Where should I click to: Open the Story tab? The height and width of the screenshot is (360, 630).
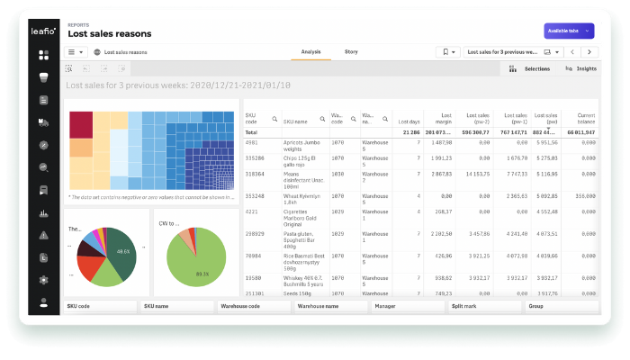[x=351, y=52]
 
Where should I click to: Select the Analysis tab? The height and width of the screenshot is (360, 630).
[x=310, y=52]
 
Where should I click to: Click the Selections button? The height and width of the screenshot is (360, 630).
[x=530, y=68]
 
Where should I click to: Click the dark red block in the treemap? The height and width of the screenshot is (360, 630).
[x=82, y=124]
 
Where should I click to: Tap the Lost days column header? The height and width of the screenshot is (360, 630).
[x=409, y=121]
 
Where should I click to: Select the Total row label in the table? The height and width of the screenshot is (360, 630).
[x=252, y=131]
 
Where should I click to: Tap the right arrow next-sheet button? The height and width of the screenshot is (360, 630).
[x=590, y=52]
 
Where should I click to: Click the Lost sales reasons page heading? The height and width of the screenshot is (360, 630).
[x=110, y=34]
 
